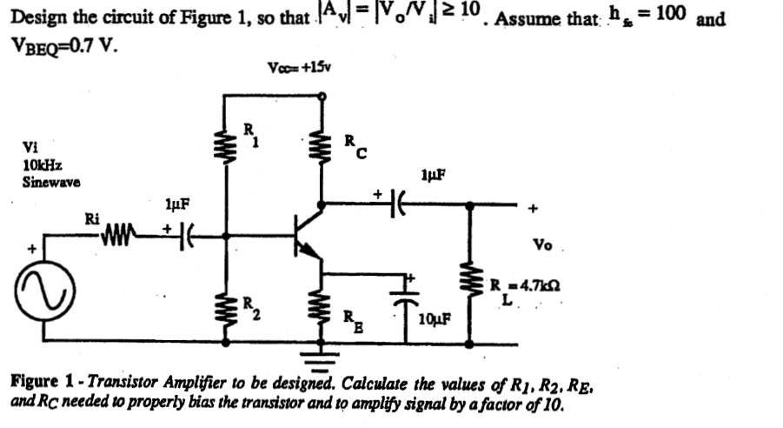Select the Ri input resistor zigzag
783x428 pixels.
[120, 233]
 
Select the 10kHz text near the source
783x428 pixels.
[41, 164]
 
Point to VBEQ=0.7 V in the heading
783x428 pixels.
[61, 43]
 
